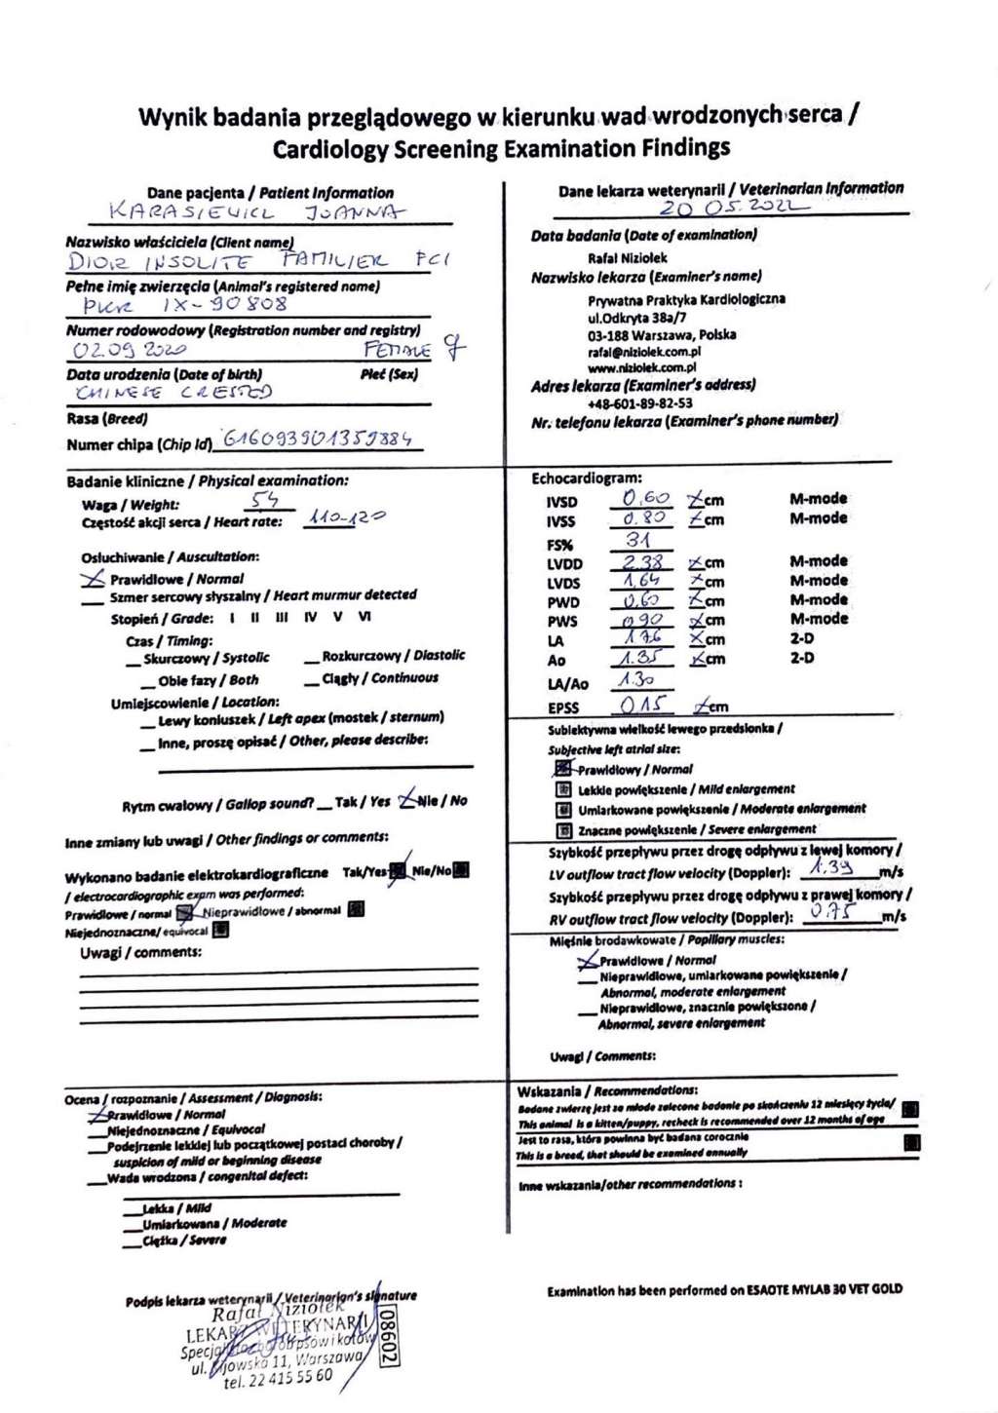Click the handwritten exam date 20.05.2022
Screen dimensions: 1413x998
(x=733, y=209)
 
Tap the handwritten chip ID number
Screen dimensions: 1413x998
(x=317, y=439)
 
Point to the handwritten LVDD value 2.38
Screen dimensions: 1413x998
(x=643, y=561)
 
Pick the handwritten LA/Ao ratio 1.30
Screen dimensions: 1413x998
(x=637, y=681)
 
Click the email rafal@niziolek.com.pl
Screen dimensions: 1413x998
(x=644, y=352)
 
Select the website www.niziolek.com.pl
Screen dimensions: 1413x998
(x=641, y=368)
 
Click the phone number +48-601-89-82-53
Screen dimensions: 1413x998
(x=640, y=402)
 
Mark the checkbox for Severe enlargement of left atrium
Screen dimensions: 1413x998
(x=562, y=831)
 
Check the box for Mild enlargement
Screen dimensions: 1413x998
(x=562, y=790)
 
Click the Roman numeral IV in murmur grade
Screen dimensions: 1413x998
(x=310, y=618)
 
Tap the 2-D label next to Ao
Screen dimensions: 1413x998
(x=803, y=658)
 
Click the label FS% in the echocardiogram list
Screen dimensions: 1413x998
(x=559, y=544)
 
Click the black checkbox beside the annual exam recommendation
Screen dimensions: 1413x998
(x=911, y=1142)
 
